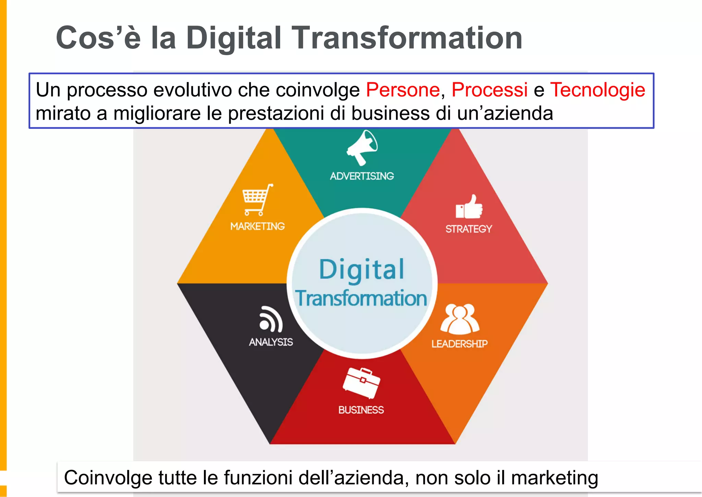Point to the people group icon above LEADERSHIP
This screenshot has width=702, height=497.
[460, 319]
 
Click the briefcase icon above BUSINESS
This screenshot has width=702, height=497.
[361, 383]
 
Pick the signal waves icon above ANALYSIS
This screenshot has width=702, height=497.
[271, 319]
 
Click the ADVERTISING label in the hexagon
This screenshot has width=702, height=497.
[362, 176]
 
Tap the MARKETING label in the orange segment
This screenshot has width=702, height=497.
[257, 226]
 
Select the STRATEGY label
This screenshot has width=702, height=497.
[469, 229]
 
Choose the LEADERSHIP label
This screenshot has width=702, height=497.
[459, 344]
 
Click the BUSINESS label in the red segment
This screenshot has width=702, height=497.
[361, 410]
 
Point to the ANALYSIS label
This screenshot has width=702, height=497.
[271, 342]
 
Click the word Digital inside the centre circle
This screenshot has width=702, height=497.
[362, 270]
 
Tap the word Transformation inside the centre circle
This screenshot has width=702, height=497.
[361, 298]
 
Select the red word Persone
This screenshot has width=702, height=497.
[403, 90]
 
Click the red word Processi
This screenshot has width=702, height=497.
[489, 90]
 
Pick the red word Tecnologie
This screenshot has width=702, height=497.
[597, 90]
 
